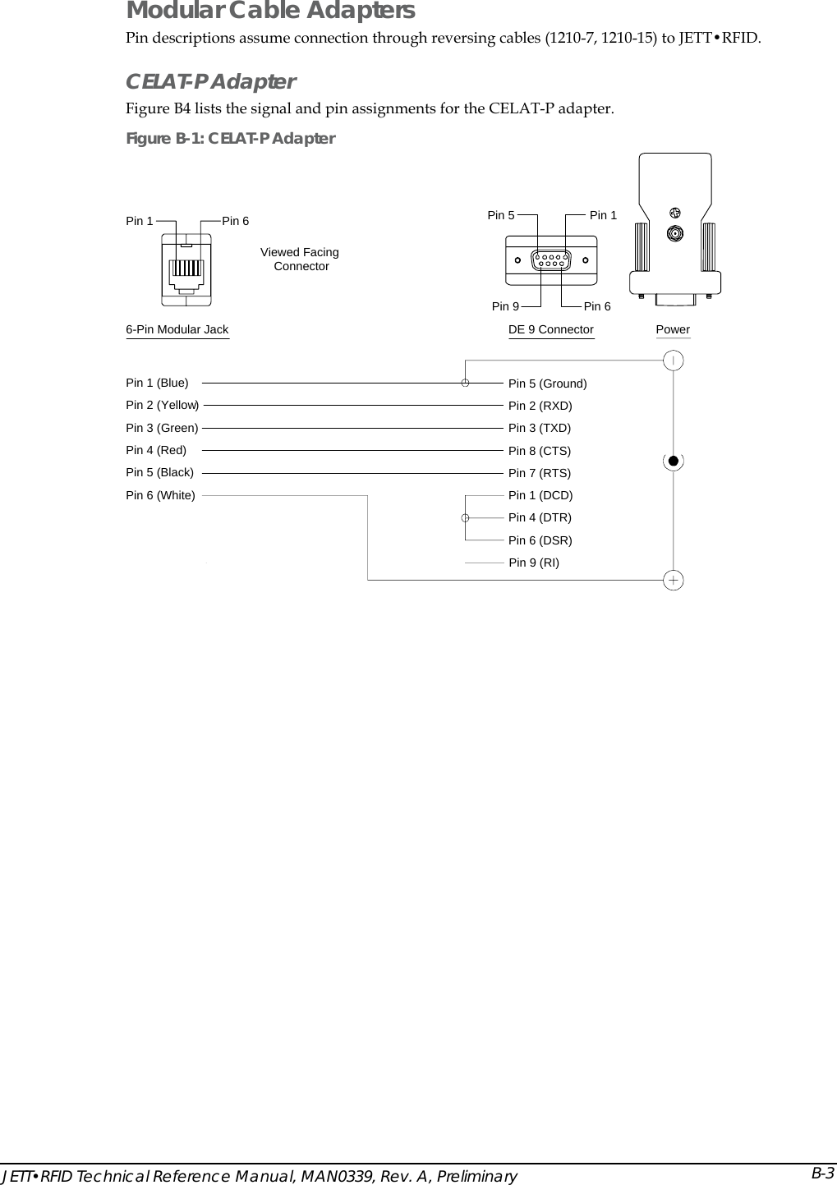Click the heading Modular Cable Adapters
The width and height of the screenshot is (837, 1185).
[270, 11]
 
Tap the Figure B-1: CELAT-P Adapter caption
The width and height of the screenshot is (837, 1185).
[230, 138]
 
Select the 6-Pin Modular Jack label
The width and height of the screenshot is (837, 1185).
[177, 329]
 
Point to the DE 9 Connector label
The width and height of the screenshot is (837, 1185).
[550, 329]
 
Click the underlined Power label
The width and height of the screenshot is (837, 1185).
[673, 329]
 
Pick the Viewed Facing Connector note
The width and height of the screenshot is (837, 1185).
[300, 259]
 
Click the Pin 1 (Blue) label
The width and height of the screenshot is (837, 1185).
[157, 383]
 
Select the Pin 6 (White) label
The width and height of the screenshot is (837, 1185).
[160, 495]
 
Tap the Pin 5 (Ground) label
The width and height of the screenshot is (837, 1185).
[547, 384]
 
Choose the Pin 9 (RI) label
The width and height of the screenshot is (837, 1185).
[534, 563]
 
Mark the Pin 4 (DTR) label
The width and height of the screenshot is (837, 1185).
[540, 517]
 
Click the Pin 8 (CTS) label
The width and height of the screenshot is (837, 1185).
[539, 451]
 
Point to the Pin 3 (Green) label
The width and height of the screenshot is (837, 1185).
[162, 428]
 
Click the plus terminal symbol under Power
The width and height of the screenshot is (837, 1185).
[673, 581]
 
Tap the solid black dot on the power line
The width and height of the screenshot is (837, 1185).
[673, 460]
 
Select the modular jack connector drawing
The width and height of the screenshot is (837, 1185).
[186, 268]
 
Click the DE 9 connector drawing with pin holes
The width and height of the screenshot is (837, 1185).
[550, 260]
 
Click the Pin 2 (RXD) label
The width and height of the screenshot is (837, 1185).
[540, 406]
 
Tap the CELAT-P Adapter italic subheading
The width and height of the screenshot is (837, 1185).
[210, 82]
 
